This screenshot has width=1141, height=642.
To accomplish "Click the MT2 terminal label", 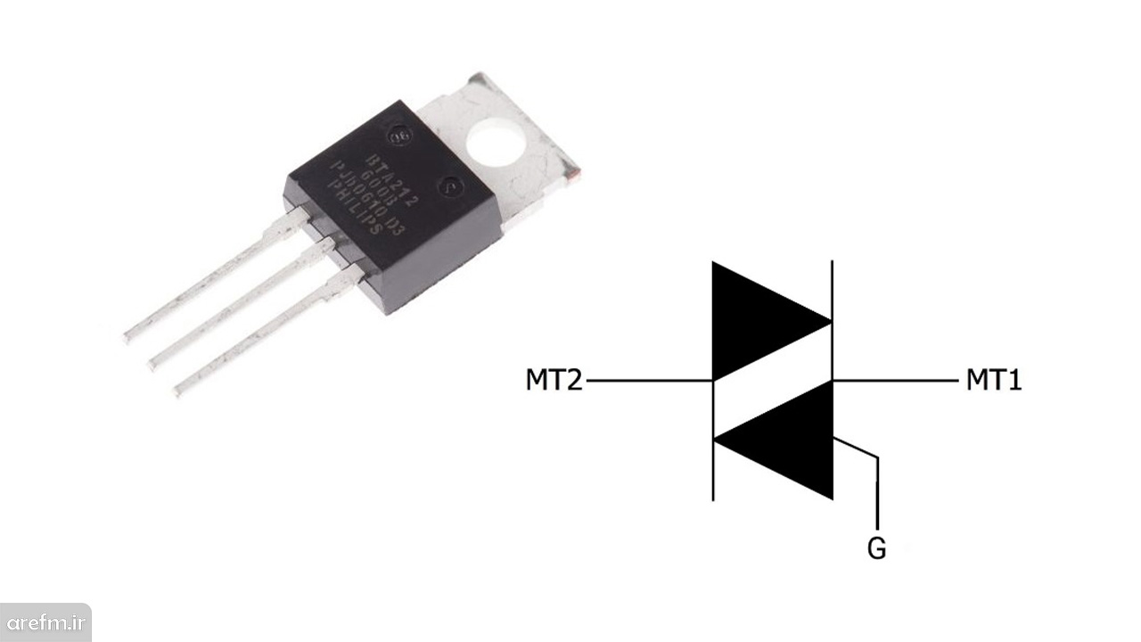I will (554, 381).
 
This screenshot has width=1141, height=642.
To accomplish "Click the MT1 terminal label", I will (994, 381).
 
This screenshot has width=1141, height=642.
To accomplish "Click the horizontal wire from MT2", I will (649, 381).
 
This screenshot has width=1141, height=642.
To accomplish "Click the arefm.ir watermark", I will (45, 621).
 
